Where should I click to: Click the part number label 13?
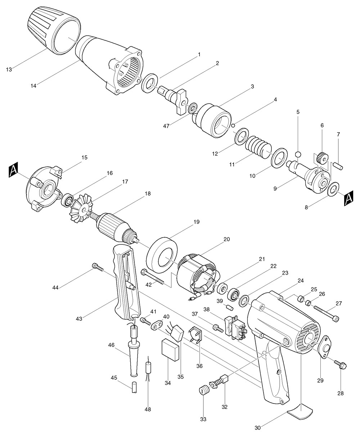point(9,68)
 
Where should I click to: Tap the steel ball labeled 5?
point(298,154)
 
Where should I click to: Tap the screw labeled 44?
point(97,267)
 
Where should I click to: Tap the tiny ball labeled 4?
point(233,125)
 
